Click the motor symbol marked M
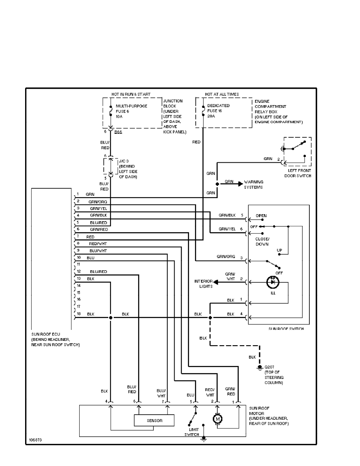pos(217,419)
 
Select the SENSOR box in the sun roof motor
pos(155,420)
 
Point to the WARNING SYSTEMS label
pos(254,184)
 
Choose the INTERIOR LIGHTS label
pos(203,284)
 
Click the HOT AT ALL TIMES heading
pos(222,95)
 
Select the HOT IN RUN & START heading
pos(131,95)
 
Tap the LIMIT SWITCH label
pos(190,432)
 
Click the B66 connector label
pos(118,133)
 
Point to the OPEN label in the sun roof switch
pos(261,216)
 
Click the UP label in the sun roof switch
pos(279,250)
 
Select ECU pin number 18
pos(78,314)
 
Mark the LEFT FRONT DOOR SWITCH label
pos(298,173)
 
